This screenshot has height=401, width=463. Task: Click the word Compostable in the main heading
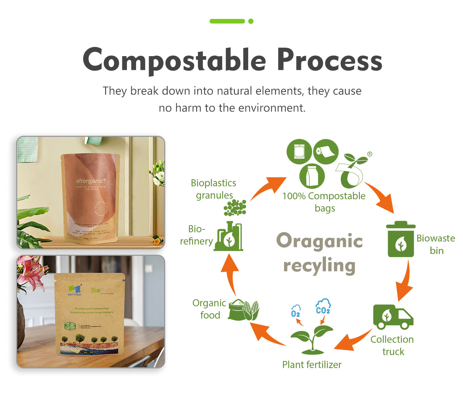click(174, 60)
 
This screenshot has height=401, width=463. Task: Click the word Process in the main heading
click(329, 60)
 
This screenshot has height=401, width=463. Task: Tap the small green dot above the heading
click(251, 21)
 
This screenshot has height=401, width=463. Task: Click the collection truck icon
click(393, 316)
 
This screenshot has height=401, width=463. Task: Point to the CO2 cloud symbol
click(323, 306)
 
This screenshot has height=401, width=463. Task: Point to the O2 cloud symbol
click(296, 311)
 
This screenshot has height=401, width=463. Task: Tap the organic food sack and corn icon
click(244, 310)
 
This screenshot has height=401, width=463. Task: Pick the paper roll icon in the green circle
click(326, 152)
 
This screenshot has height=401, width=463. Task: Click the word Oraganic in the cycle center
click(319, 241)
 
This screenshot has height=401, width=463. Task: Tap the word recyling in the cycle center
click(319, 266)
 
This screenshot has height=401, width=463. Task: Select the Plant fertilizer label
click(311, 365)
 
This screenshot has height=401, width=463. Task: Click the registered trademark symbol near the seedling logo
click(369, 154)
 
